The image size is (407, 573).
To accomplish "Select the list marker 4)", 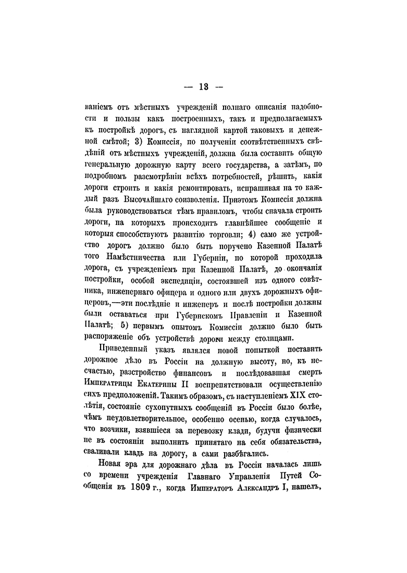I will click(x=247, y=232).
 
